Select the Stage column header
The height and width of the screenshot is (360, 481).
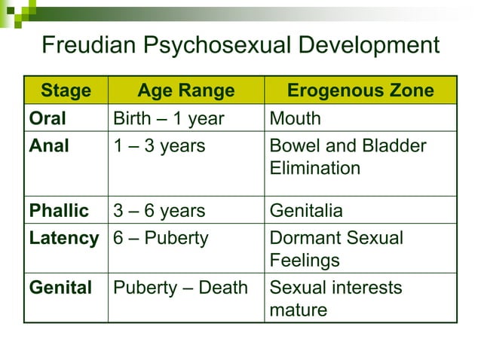pos(66,91)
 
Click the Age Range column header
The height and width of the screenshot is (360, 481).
pos(186,91)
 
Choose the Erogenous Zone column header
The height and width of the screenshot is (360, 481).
pos(360,91)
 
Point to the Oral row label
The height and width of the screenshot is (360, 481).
pos(47,119)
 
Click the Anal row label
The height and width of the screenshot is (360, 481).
pos(49,146)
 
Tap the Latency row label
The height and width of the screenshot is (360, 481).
pos(63,239)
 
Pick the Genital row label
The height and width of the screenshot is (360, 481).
pos(60,288)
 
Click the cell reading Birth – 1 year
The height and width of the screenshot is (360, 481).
pos(168,119)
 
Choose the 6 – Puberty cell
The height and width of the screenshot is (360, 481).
pos(160,239)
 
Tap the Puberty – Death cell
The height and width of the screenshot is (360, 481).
pos(179,288)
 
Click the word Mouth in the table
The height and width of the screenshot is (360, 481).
pos(295,119)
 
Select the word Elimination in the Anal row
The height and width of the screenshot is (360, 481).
pos(314,168)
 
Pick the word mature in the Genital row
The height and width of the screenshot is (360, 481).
pos(299,310)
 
